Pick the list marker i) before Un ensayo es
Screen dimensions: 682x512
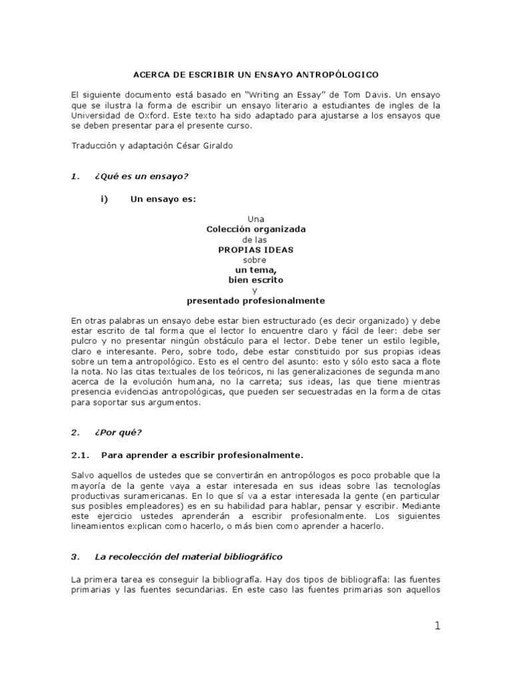tap(104, 198)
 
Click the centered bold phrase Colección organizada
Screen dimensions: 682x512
tap(255, 229)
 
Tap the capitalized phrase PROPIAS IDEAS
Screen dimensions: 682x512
tap(255, 249)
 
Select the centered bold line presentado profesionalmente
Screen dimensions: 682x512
tap(255, 300)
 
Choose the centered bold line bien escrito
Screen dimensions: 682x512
tap(255, 280)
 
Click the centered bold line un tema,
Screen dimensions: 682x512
tap(255, 270)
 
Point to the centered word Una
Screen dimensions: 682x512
tap(255, 218)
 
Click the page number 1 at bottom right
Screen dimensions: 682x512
tap(437, 625)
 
